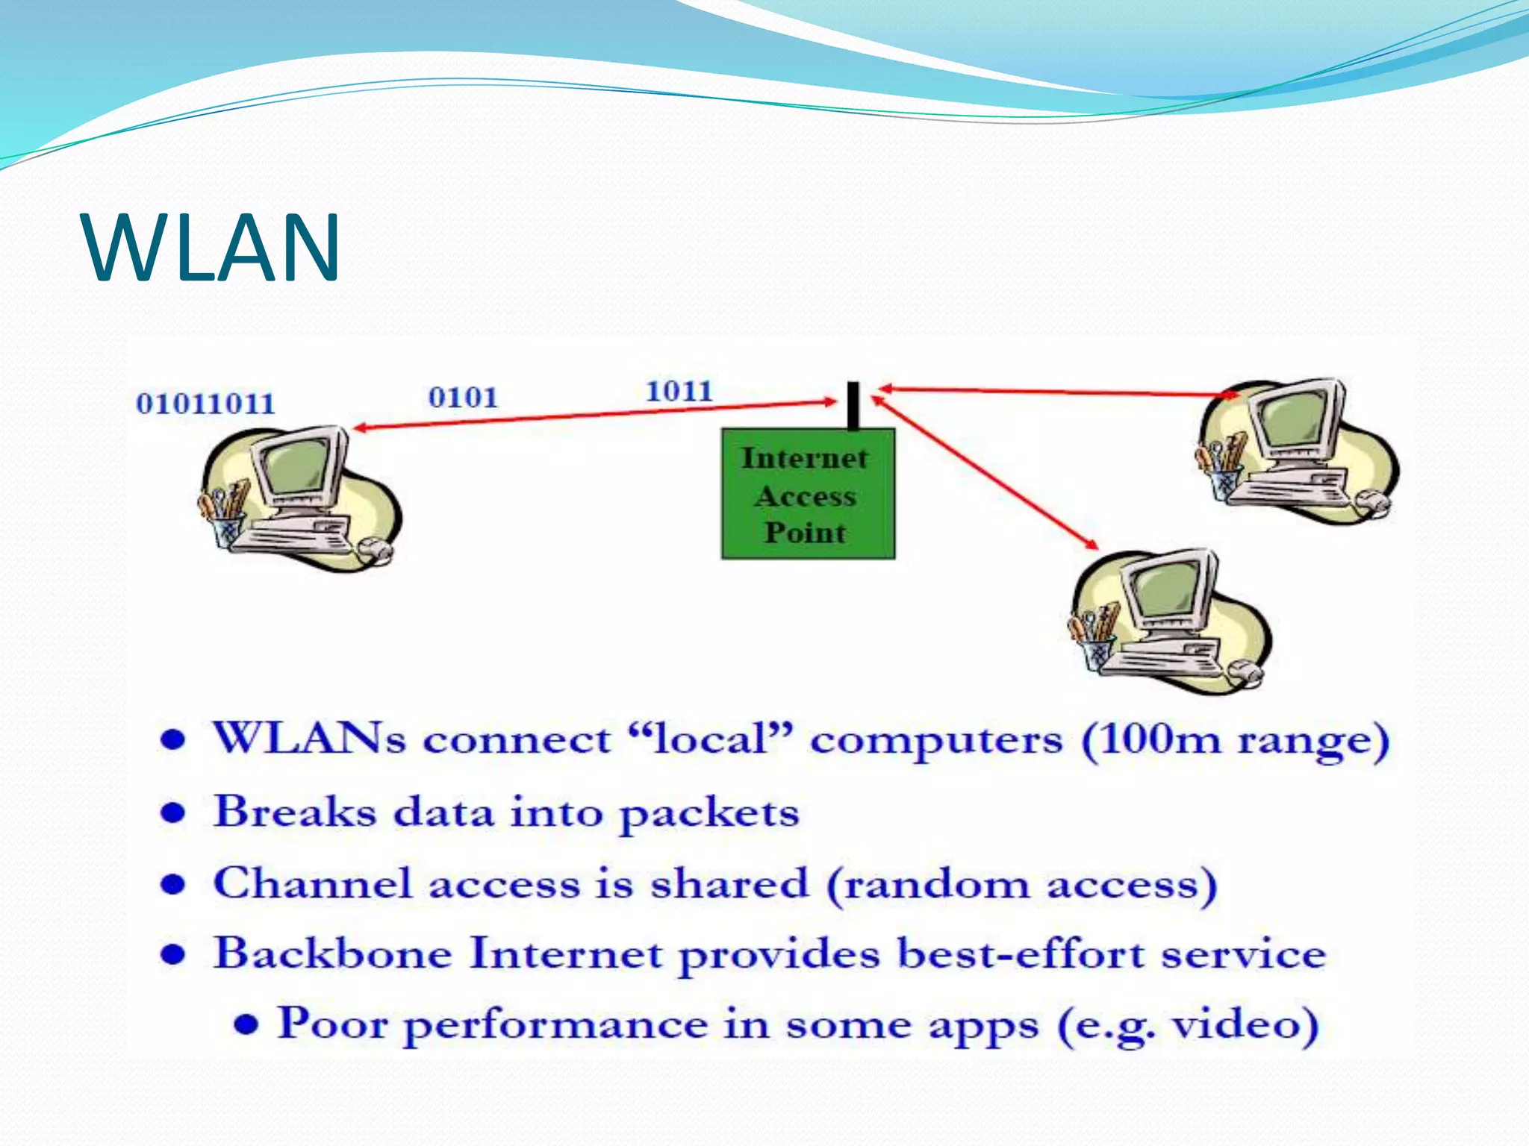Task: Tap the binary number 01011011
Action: coord(205,404)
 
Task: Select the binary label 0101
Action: coord(463,397)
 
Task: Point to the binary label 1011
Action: coord(679,391)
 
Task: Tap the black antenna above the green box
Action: coord(853,405)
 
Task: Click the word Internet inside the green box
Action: coord(805,458)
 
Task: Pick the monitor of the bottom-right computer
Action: coord(1170,589)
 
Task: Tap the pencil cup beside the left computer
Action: coord(225,527)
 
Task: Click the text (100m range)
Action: coord(1236,740)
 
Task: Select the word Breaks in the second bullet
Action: coord(295,812)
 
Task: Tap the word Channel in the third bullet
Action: coord(312,883)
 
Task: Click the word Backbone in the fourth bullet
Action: coord(333,954)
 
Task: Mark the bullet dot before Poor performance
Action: coord(246,1024)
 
